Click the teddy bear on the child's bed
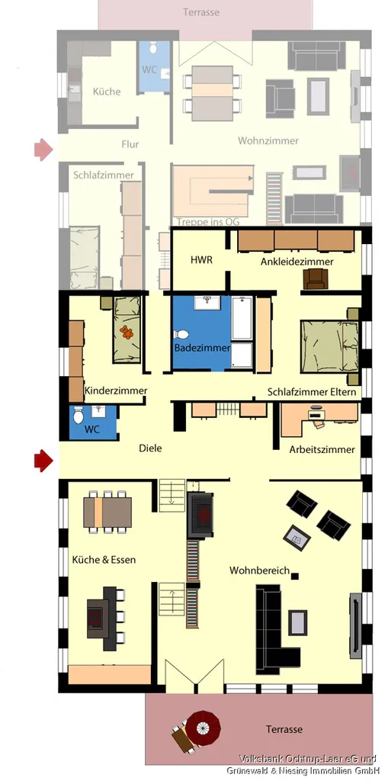[127, 333]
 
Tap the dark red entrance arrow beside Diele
[43, 460]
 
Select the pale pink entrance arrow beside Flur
[43, 149]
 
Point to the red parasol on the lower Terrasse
[204, 728]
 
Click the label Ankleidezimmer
[297, 261]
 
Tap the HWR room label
[202, 259]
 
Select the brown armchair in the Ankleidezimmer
[316, 278]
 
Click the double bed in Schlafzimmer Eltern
[329, 346]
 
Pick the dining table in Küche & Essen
[107, 512]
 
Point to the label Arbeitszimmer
[322, 450]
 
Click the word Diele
[150, 448]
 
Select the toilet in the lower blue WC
[79, 416]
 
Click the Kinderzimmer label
[116, 390]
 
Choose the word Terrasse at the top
[201, 12]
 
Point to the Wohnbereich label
[259, 570]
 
